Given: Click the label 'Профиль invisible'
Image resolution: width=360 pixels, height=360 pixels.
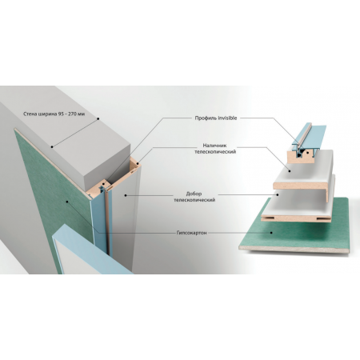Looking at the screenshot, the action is (216, 118).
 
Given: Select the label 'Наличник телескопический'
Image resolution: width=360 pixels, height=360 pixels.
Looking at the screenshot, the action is (215, 149).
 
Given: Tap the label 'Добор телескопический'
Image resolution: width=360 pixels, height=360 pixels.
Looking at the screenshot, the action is (194, 197).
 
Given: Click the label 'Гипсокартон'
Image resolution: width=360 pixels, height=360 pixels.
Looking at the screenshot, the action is (191, 233).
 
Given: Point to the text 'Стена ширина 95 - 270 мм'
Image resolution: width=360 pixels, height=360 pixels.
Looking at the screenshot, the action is (54, 114).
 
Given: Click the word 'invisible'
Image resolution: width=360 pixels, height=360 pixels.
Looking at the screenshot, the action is (226, 118).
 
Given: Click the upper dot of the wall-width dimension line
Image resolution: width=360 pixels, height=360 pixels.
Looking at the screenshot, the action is (98, 118).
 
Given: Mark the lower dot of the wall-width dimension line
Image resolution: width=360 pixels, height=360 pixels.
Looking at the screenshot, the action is (52, 146).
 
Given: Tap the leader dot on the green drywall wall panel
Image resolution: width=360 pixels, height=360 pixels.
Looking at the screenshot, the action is (67, 202).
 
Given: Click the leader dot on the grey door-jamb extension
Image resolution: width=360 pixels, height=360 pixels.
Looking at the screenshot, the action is (126, 195).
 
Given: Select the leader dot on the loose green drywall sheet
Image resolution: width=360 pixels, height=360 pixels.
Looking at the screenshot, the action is (271, 233).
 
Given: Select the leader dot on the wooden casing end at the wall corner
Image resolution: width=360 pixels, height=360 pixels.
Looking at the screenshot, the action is (138, 163).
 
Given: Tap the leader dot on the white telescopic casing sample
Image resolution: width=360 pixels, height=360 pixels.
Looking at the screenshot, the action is (290, 171).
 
